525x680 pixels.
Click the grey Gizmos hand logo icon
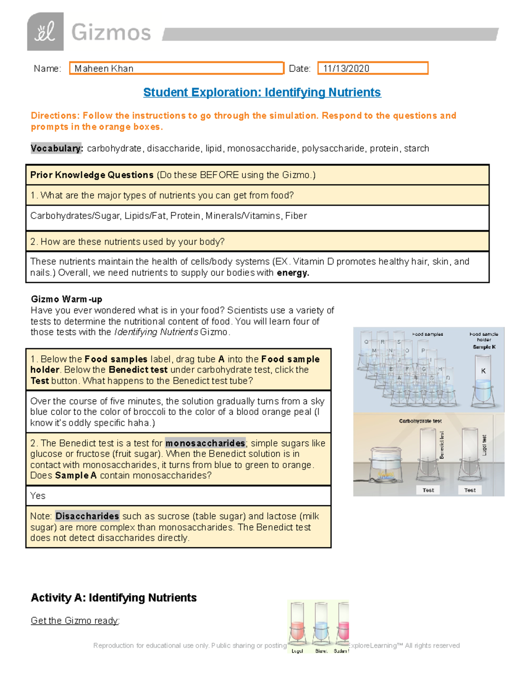(x=45, y=32)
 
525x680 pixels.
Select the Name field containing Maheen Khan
(x=176, y=68)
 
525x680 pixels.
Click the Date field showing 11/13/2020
(x=372, y=68)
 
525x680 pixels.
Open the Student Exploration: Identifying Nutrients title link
(x=262, y=92)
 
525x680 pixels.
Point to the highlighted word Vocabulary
(x=56, y=148)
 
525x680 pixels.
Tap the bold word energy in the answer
(x=293, y=273)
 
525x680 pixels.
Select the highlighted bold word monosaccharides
(x=205, y=443)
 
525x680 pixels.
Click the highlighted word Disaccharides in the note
(x=87, y=516)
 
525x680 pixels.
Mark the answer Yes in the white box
(x=38, y=496)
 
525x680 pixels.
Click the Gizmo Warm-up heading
(x=66, y=299)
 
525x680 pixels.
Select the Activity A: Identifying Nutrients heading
(x=114, y=598)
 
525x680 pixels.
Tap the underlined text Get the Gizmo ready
(x=75, y=620)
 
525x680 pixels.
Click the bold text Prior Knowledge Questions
(x=92, y=175)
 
